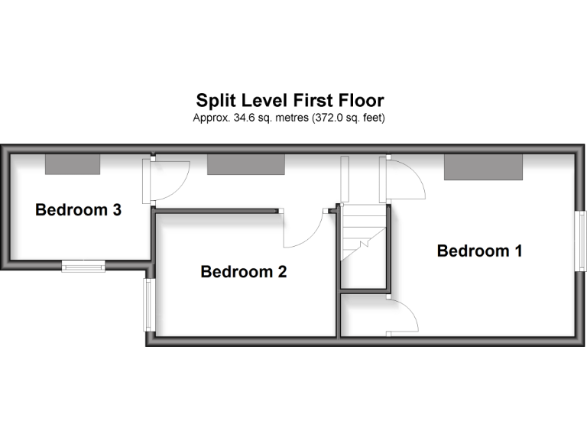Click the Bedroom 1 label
coord(479,251)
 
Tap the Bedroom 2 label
coord(243,271)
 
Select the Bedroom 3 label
coord(78,210)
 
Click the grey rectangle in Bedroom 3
coord(73,163)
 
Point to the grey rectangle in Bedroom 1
coord(484,167)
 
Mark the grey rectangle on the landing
coord(245,163)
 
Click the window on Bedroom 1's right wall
coord(581,240)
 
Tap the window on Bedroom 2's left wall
coord(149,305)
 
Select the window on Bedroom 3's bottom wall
coord(83,266)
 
